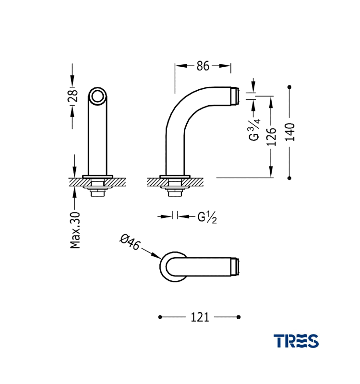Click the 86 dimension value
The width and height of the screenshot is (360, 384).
[203, 66]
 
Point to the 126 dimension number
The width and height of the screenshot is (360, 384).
[272, 135]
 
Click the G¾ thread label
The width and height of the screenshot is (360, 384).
[254, 129]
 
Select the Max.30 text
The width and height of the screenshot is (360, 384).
[75, 230]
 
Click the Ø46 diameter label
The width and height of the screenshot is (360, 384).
[131, 241]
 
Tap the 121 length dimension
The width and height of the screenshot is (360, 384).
[200, 317]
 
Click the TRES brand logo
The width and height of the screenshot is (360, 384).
[296, 341]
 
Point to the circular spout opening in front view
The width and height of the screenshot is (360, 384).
[98, 96]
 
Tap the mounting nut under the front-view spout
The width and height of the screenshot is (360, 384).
[98, 188]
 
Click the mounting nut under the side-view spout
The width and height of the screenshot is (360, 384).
[175, 188]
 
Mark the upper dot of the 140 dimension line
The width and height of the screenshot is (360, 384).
[289, 87]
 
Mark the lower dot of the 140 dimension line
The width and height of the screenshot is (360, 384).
[289, 178]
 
